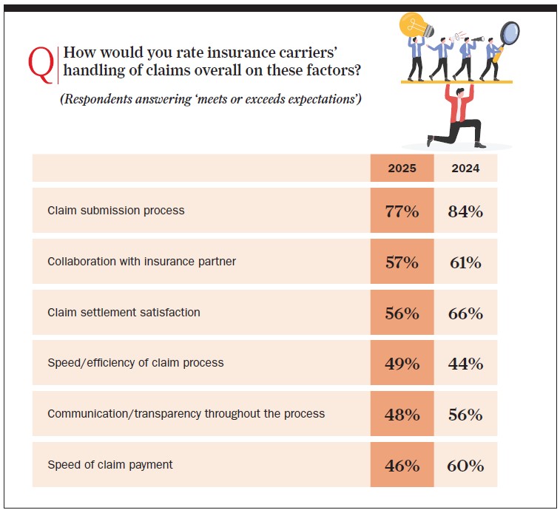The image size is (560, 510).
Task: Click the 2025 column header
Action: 402,168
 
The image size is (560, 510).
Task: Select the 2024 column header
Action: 465,168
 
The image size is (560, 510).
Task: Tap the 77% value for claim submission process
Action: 402,211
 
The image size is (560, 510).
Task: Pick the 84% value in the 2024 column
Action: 465,211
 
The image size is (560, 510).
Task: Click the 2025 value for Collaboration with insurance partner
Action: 402,262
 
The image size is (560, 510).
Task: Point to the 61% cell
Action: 465,262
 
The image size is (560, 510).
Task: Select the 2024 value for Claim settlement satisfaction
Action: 465,313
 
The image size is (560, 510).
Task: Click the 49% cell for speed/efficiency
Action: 402,364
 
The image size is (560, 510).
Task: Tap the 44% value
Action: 465,364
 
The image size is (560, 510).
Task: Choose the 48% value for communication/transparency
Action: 402,414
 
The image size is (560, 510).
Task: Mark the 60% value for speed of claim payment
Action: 465,466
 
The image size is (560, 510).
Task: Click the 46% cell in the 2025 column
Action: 402,466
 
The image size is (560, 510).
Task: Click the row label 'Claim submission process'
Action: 115,211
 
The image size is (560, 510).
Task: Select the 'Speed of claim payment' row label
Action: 109,465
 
